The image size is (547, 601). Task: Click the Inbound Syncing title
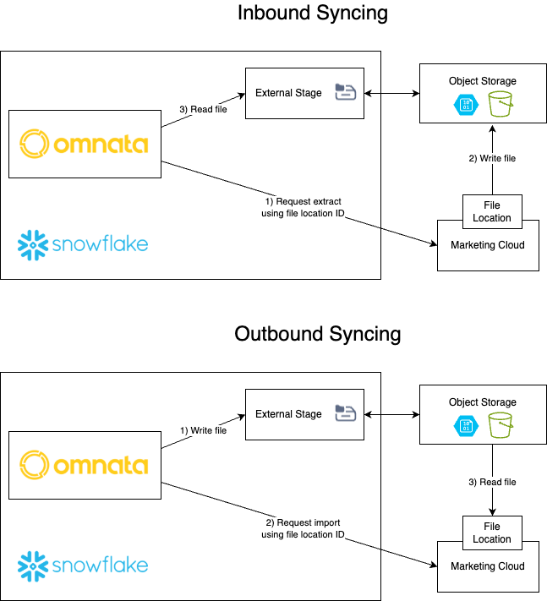(x=312, y=14)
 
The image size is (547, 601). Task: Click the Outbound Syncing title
(x=317, y=334)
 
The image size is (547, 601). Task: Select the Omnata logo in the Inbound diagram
(x=84, y=144)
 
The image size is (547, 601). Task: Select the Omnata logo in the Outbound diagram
(x=84, y=465)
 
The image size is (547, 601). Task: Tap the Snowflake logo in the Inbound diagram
(x=83, y=244)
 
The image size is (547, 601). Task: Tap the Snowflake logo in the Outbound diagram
(x=83, y=565)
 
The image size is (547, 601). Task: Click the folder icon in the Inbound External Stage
(x=345, y=92)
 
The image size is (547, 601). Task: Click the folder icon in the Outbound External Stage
(x=345, y=413)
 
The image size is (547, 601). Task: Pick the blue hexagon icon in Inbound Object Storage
(x=466, y=104)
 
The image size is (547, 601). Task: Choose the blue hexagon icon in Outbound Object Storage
(x=466, y=425)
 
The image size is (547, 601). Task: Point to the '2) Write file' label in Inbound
(x=492, y=158)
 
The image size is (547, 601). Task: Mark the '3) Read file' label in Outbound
(x=492, y=482)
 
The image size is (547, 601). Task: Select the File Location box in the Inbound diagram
(x=492, y=211)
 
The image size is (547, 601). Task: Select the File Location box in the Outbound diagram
(x=492, y=533)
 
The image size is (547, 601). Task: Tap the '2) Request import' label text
(x=304, y=528)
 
